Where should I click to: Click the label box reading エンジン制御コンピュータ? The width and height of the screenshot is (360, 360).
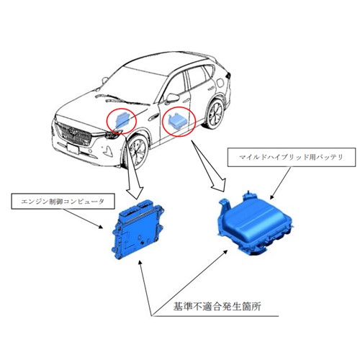pyautogui.click(x=63, y=201)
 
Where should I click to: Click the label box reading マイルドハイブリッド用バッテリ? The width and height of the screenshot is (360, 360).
pyautogui.click(x=292, y=157)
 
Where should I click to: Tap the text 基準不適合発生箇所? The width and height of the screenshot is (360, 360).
pyautogui.click(x=217, y=307)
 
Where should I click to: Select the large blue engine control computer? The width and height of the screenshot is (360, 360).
pyautogui.click(x=138, y=230)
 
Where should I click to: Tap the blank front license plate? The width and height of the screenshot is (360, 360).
pyautogui.click(x=73, y=148)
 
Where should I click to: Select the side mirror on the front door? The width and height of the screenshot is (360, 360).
pyautogui.click(x=173, y=97)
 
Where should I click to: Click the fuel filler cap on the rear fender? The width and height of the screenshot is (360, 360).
pyautogui.click(x=220, y=83)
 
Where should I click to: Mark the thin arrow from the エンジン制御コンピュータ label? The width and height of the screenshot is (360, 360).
pyautogui.click(x=83, y=219)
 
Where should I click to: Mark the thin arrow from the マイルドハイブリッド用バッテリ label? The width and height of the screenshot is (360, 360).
pyautogui.click(x=280, y=183)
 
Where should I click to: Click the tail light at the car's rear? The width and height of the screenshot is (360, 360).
pyautogui.click(x=228, y=75)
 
